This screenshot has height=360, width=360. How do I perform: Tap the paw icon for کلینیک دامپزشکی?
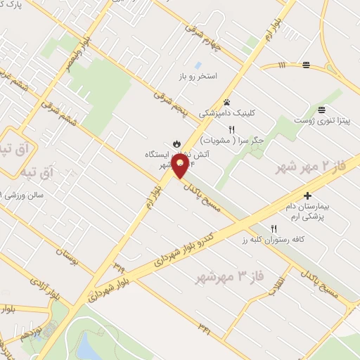(226, 101)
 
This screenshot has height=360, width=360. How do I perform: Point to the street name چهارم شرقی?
(204, 40)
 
